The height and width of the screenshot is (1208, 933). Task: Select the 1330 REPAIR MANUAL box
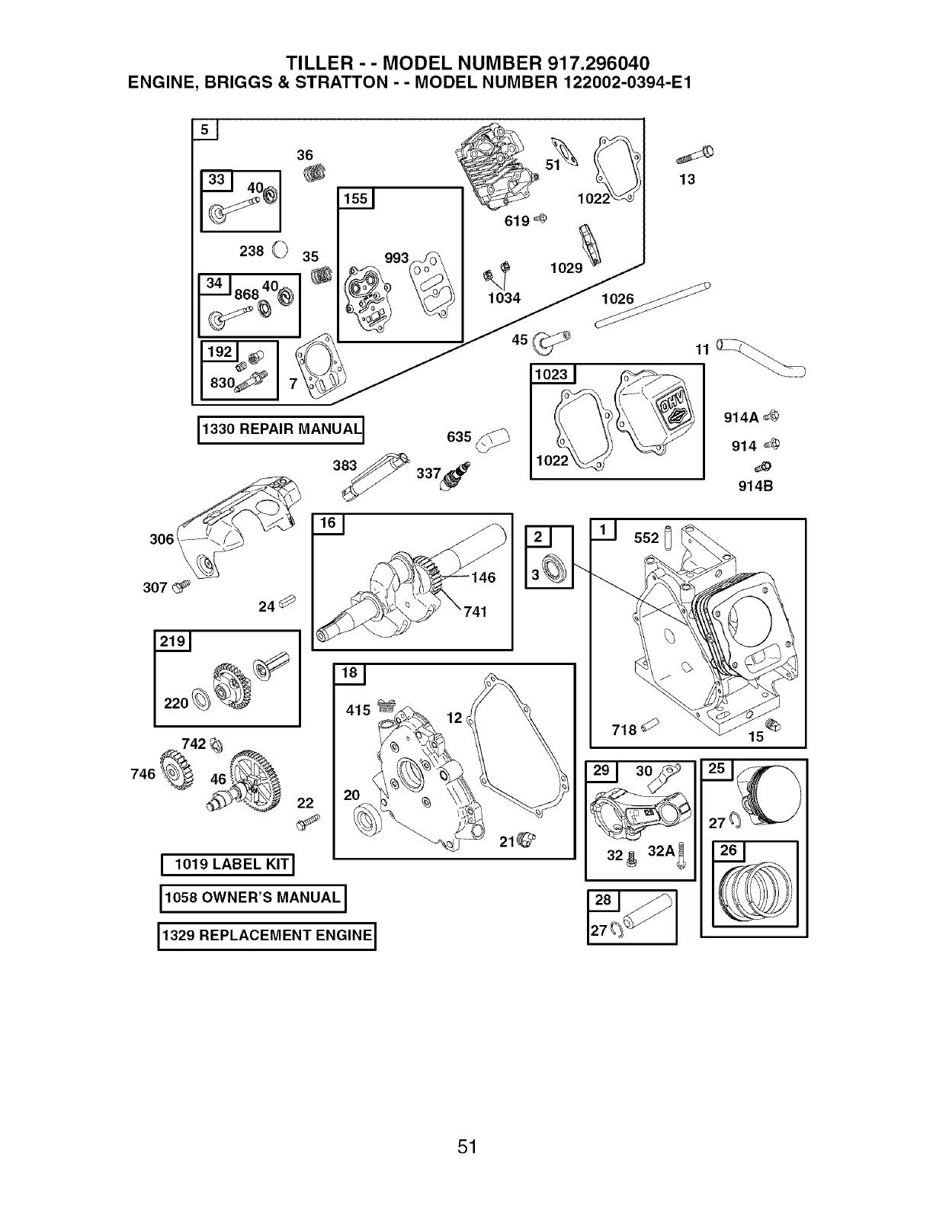tap(280, 430)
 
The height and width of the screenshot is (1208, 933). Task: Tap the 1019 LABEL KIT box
tap(227, 864)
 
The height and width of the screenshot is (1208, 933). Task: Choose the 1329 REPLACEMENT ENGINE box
tap(267, 936)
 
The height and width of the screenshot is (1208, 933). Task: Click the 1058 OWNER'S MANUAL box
tap(252, 898)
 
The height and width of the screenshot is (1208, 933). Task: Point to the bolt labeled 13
tap(695, 156)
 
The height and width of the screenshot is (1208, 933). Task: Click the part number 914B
tap(755, 486)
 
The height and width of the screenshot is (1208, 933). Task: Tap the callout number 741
tap(475, 612)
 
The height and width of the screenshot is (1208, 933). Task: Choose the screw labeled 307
tap(181, 587)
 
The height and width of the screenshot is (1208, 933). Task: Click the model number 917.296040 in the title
tap(590, 63)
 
